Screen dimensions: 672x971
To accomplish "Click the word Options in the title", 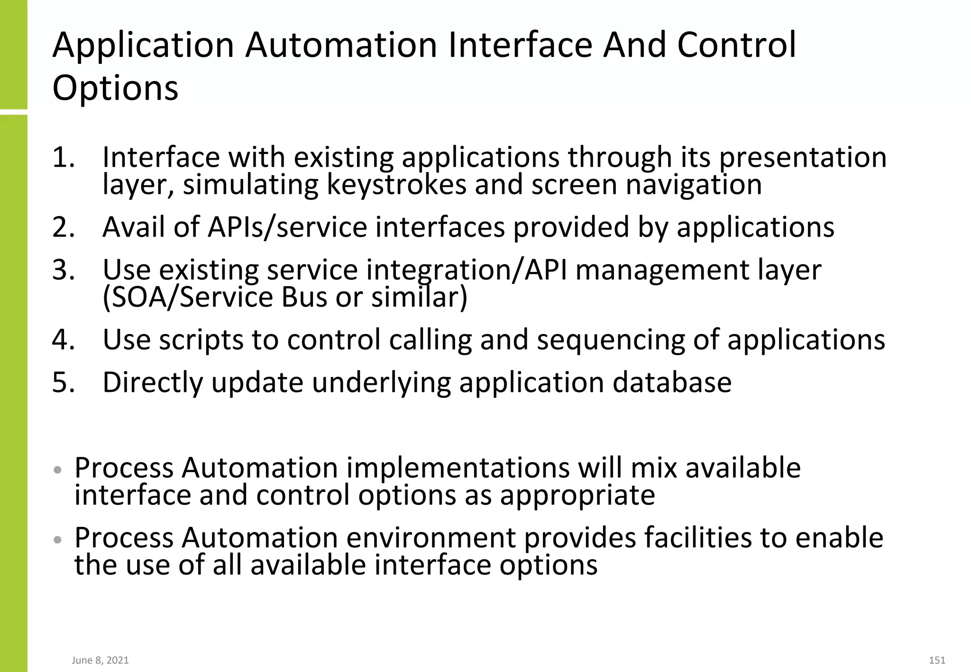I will (115, 88).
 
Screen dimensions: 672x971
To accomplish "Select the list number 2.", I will (64, 227).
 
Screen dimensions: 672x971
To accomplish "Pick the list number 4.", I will (64, 340).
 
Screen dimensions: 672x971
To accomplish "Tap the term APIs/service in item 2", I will (287, 227).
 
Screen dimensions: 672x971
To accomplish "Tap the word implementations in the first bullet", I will (458, 468).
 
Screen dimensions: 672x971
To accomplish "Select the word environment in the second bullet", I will (431, 538).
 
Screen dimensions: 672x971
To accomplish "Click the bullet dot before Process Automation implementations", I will (58, 470).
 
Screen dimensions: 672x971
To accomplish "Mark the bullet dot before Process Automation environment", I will (58, 539).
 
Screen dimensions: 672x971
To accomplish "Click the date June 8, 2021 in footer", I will (100, 660).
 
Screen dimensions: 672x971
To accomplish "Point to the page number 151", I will (937, 660).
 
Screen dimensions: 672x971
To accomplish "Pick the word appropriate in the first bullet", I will (577, 495).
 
